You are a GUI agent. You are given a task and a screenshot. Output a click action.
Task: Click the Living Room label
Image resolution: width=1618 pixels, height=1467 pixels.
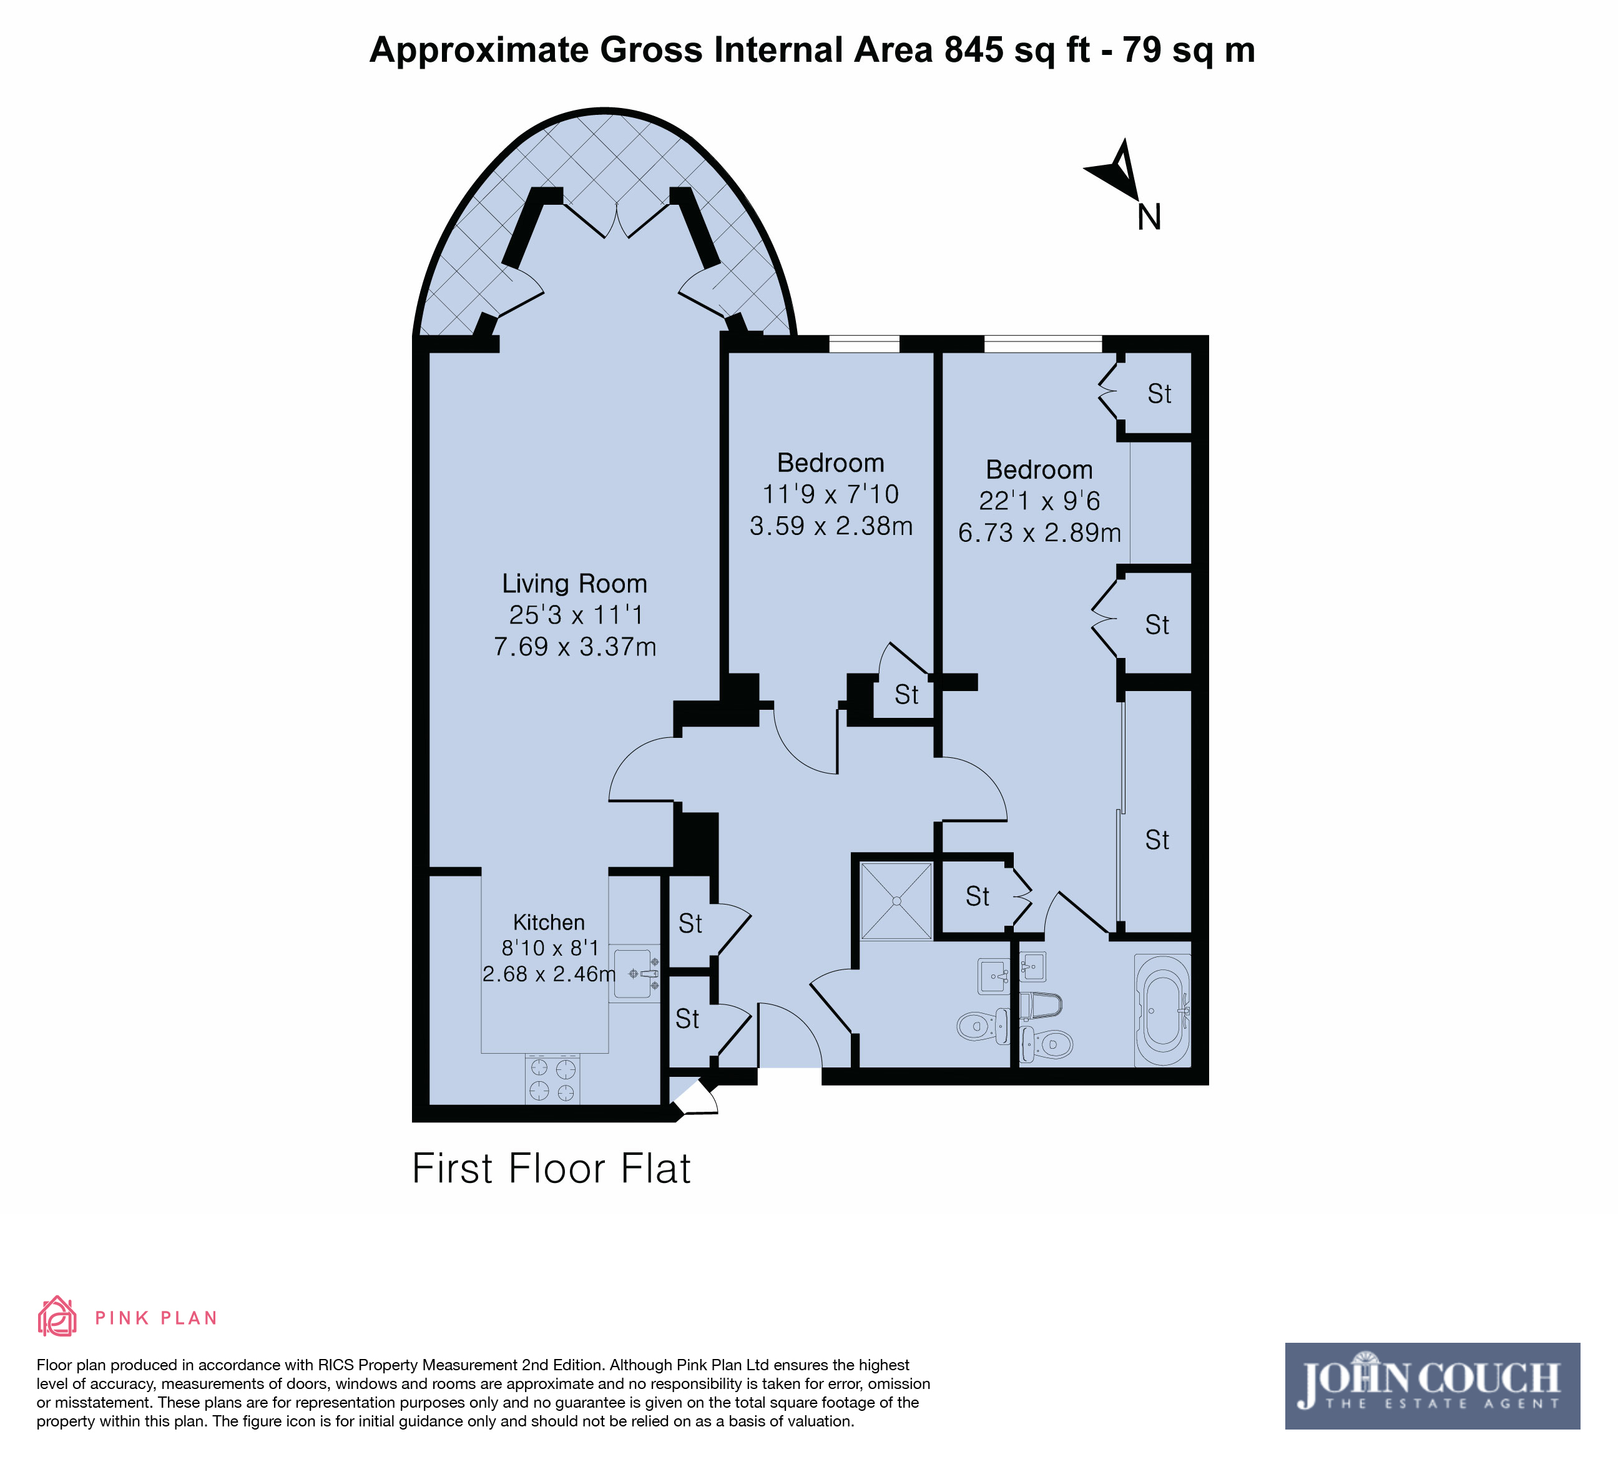click(575, 584)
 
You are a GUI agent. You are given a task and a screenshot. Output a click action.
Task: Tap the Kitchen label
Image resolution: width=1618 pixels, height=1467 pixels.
click(549, 922)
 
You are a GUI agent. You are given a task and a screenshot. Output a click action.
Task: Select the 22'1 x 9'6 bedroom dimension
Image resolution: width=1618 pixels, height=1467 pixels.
click(1039, 501)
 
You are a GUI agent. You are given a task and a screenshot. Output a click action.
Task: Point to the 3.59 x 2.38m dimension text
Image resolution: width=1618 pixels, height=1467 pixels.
click(831, 526)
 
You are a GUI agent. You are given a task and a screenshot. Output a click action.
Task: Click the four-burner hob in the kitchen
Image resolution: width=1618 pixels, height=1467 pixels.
click(553, 1079)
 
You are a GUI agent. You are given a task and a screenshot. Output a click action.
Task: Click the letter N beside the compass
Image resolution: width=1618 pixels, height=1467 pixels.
click(1149, 217)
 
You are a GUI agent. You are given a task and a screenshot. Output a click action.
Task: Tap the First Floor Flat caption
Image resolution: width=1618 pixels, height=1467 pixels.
click(551, 1169)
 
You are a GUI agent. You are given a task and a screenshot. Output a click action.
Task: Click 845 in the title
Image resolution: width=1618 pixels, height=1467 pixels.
click(974, 50)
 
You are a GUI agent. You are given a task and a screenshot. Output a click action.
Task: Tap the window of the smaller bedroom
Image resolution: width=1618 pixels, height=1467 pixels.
click(865, 345)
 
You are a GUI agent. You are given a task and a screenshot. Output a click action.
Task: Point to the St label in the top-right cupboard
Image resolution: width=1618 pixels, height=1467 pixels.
click(1160, 394)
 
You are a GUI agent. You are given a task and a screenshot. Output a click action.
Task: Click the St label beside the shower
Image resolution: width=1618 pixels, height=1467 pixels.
click(978, 896)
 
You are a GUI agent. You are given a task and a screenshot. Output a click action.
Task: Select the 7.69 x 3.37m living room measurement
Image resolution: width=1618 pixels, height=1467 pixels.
click(575, 647)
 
